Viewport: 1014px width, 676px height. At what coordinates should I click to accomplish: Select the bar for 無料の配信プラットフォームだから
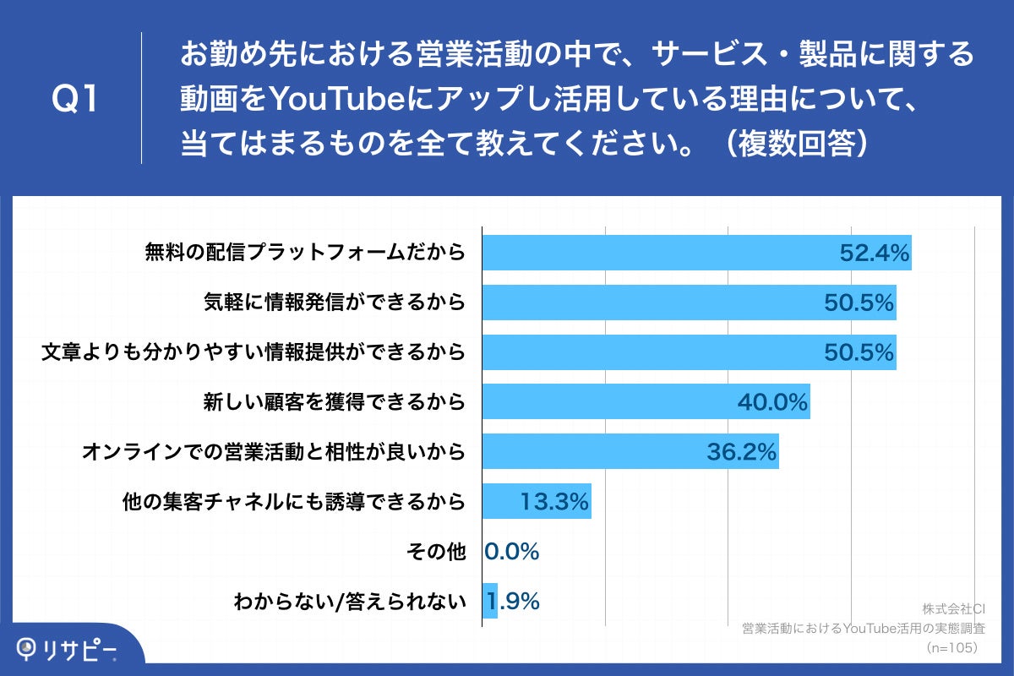pyautogui.click(x=659, y=253)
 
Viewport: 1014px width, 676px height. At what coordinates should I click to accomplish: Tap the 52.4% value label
pyautogui.click(x=874, y=253)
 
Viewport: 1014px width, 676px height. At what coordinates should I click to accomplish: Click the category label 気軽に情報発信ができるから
pyautogui.click(x=335, y=302)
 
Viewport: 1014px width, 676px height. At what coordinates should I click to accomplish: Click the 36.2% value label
pyautogui.click(x=741, y=452)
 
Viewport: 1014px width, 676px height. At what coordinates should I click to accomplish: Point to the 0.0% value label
pyautogui.click(x=512, y=552)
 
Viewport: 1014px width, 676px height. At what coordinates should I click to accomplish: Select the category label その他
pyautogui.click(x=436, y=552)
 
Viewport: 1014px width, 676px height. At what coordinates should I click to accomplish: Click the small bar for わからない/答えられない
pyautogui.click(x=490, y=602)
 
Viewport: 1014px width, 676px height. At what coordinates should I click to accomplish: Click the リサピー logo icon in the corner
pyautogui.click(x=29, y=648)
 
